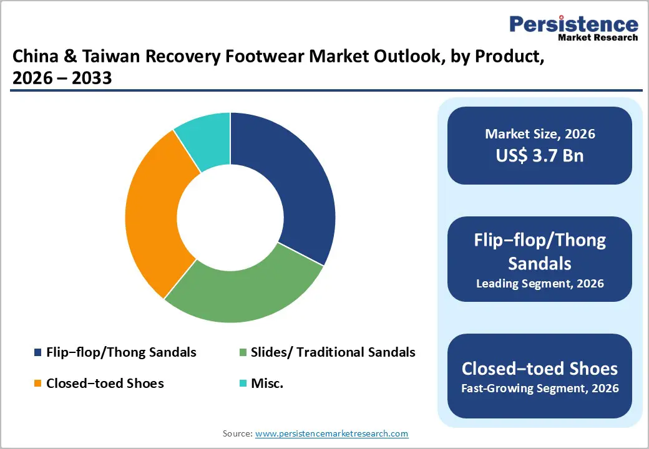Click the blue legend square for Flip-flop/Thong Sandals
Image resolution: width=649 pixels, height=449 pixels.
(37, 353)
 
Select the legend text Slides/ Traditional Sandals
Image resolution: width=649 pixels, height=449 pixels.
(333, 352)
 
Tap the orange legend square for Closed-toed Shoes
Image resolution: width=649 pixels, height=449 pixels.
(37, 384)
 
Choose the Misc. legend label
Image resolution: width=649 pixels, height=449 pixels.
(267, 384)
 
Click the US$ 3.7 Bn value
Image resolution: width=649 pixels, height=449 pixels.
(540, 155)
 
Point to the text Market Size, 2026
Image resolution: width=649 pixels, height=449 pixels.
(540, 134)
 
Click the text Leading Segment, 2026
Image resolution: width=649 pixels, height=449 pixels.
(540, 284)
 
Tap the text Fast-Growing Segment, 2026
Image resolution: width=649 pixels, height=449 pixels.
(540, 389)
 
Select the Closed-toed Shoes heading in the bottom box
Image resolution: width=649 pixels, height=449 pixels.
(540, 368)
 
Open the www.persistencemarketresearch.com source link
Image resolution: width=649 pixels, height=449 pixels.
(332, 433)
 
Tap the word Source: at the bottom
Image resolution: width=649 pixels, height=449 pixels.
(237, 433)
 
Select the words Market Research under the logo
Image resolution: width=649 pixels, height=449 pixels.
(598, 38)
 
